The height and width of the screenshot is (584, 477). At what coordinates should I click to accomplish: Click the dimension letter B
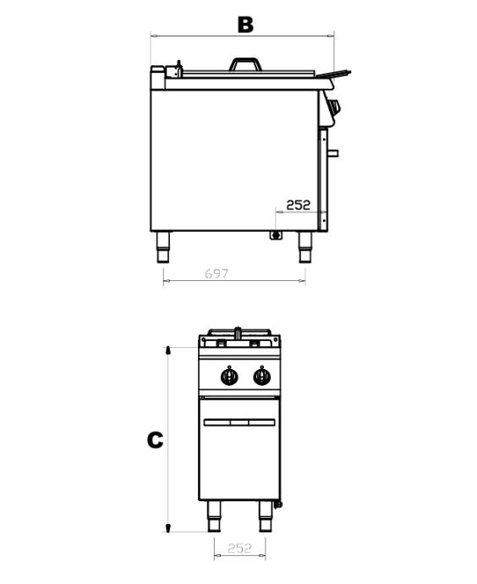[245, 25]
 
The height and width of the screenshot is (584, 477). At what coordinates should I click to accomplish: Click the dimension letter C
[155, 440]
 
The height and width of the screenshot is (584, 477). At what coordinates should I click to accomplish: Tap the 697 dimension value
[217, 273]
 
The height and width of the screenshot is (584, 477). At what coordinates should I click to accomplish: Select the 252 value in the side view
[298, 205]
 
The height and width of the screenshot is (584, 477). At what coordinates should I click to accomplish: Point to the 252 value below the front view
[239, 548]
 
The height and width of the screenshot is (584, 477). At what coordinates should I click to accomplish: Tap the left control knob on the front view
[229, 376]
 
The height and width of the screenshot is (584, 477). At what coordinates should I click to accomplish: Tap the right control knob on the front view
[262, 376]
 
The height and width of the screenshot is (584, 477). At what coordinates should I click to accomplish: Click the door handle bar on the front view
[239, 422]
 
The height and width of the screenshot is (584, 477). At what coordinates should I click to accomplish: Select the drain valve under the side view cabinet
[276, 235]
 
